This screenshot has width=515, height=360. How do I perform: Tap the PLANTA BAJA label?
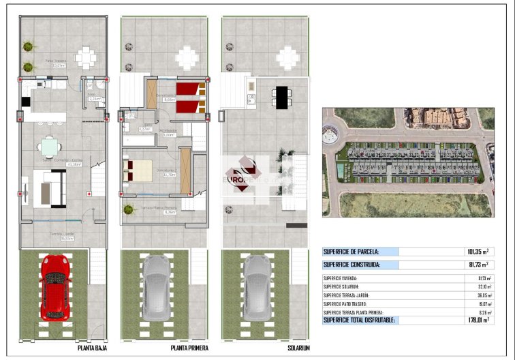(x=92, y=347)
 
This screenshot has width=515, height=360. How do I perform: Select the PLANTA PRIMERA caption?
(x=189, y=347)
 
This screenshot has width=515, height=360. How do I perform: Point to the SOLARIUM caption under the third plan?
(x=298, y=347)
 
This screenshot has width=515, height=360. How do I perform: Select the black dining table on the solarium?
(x=281, y=97)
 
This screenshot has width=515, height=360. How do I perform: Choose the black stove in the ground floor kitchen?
(x=26, y=101)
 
